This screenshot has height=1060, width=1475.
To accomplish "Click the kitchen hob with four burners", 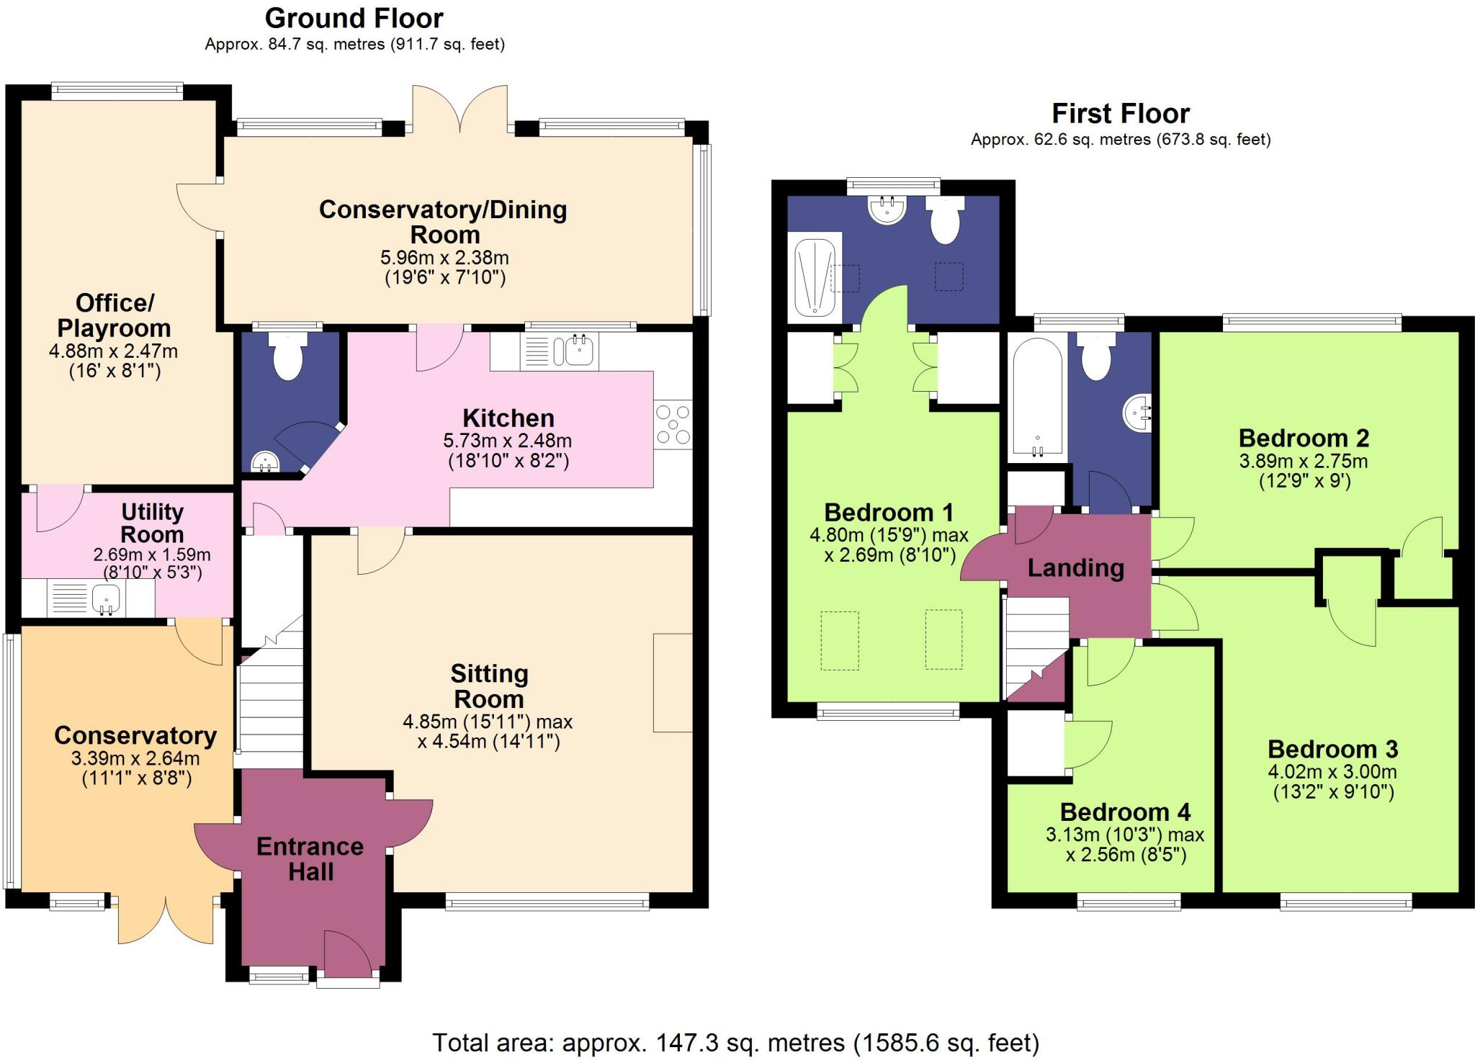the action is (x=673, y=425).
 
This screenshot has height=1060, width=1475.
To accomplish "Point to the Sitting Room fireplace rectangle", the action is (x=673, y=682).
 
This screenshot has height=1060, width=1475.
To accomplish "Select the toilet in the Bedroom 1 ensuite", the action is (x=945, y=219).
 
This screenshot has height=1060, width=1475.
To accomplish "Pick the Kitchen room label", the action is (x=508, y=418).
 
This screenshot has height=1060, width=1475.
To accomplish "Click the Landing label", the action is (x=1075, y=568).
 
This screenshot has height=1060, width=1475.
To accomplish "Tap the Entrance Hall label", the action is (x=310, y=858).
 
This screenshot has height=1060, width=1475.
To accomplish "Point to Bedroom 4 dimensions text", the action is (x=1125, y=845).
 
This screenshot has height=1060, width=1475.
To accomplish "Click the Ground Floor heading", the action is (x=354, y=17).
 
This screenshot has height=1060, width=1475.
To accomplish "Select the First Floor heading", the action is (x=1121, y=113).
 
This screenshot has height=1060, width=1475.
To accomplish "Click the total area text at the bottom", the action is (x=735, y=1042).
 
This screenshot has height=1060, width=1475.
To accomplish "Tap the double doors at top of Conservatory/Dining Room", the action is (x=460, y=109).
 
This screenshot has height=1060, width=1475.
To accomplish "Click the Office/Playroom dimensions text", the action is (x=113, y=361).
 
